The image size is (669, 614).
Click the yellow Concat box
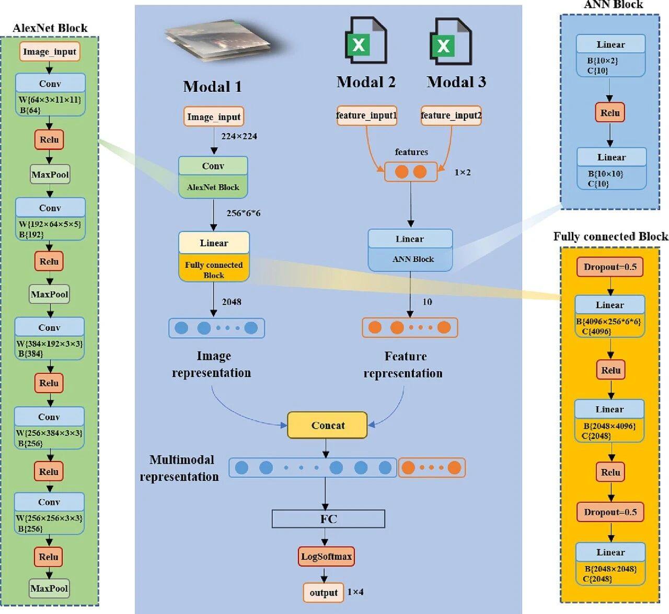tap(327, 425)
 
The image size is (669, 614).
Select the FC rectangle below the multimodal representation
tap(328, 519)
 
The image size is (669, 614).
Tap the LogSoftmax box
tap(326, 557)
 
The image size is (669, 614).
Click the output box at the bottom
tap(324, 593)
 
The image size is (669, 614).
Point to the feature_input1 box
tap(366, 115)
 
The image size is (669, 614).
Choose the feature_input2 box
tap(451, 115)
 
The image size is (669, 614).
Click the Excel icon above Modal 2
tap(365, 41)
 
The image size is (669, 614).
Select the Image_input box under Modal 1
tap(214, 116)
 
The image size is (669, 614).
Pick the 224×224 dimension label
tap(239, 136)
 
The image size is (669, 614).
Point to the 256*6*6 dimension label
tap(243, 213)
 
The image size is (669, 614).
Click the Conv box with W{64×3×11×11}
tap(50, 95)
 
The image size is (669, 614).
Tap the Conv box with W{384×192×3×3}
tap(49, 339)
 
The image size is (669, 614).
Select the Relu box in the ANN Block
tap(610, 113)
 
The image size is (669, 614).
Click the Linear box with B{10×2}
tap(610, 55)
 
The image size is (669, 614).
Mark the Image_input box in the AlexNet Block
tap(50, 52)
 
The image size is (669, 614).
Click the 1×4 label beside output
tap(355, 592)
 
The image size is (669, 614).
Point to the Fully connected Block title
tap(610, 237)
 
